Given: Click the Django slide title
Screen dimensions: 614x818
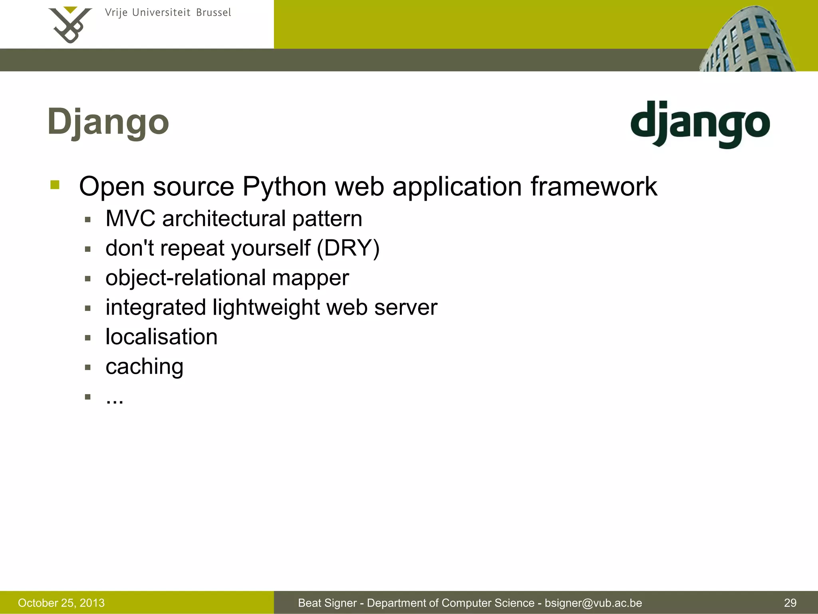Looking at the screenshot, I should click(108, 122).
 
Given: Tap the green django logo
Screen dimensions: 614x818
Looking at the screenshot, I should click(700, 124).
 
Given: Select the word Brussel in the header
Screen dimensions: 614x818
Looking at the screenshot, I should click(213, 13).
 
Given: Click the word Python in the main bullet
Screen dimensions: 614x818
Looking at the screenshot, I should click(284, 187).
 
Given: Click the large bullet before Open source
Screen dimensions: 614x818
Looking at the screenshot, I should click(55, 185).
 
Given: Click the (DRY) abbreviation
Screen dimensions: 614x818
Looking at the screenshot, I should click(348, 248).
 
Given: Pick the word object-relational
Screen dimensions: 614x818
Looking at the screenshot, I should click(185, 278).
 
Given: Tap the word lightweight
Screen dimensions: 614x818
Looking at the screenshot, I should click(266, 307).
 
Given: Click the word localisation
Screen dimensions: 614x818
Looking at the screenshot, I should click(161, 337).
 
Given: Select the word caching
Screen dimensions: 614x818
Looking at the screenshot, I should click(144, 367).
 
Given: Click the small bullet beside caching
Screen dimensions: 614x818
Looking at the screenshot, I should click(88, 367).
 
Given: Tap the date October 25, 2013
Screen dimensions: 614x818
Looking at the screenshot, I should click(61, 603).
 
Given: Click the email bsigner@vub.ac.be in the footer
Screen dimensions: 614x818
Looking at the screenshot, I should click(593, 603).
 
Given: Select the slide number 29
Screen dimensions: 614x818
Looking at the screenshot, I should click(790, 603).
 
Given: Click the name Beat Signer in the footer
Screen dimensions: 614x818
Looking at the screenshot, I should click(327, 603).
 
